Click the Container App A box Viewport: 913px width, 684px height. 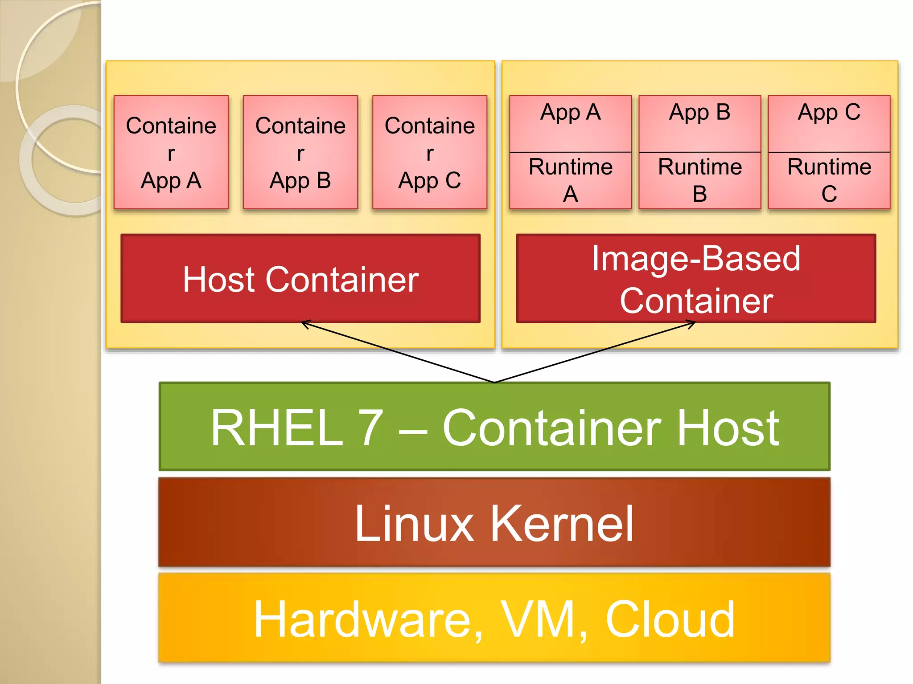tap(171, 152)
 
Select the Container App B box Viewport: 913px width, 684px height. tap(300, 152)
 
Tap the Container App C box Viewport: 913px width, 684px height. tap(430, 152)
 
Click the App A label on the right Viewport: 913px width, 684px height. tap(570, 112)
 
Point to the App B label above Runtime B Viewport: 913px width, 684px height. tap(699, 112)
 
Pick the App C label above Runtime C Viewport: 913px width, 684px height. tap(829, 112)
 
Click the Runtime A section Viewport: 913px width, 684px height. tap(570, 180)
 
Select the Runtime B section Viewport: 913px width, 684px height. tap(699, 180)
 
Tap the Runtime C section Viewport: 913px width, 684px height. tap(829, 180)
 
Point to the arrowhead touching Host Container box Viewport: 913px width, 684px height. tap(304, 323)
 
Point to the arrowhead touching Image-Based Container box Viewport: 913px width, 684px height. tap(692, 324)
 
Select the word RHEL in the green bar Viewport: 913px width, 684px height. tap(277, 428)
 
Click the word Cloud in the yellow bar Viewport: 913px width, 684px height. tap(670, 619)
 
